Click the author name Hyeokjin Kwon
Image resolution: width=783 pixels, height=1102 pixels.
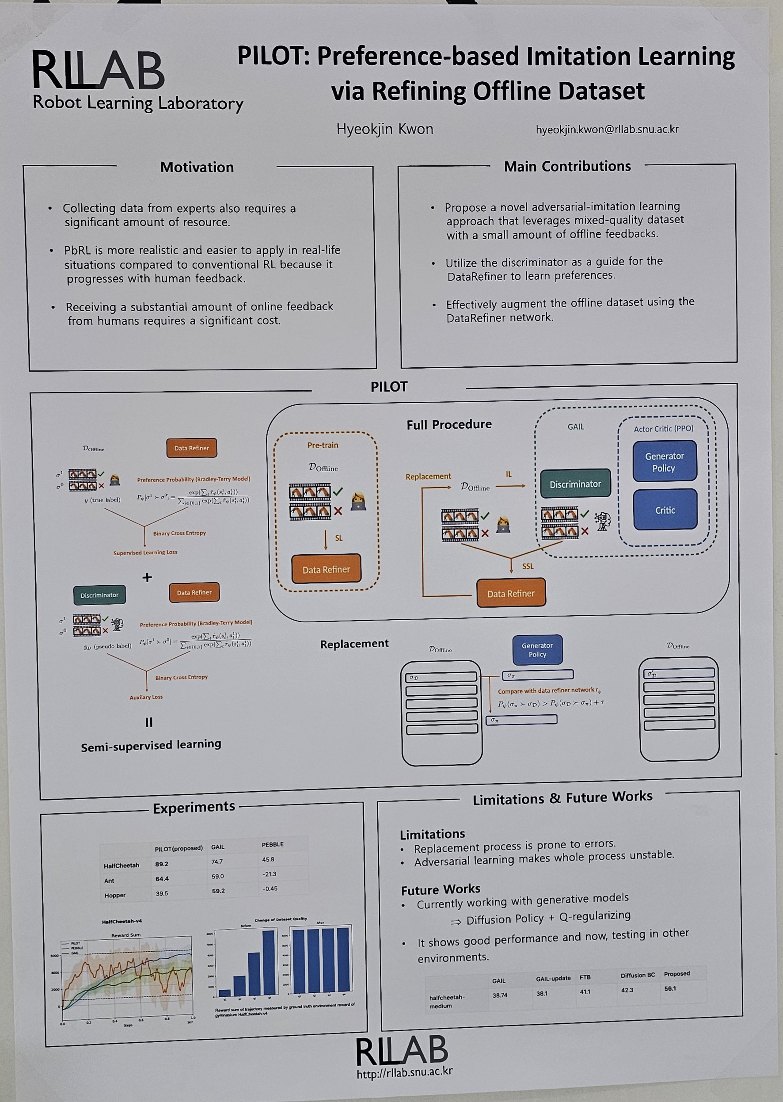point(385,129)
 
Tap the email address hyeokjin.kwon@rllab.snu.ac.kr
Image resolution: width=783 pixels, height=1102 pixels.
point(607,129)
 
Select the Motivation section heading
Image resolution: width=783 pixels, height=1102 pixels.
point(197,168)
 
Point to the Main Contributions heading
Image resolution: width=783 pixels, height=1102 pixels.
point(567,166)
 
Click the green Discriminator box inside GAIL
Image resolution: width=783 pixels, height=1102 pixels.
point(575,484)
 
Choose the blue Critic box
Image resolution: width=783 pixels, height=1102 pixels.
point(665,510)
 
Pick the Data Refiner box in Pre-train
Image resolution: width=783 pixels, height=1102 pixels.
point(326,569)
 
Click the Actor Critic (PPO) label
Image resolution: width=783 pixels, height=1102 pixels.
point(663,429)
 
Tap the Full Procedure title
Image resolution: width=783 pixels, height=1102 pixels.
point(449,424)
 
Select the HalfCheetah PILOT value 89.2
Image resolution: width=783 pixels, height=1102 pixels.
point(162,864)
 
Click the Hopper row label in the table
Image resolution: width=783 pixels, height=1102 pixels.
point(115,895)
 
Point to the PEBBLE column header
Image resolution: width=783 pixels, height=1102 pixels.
point(272,844)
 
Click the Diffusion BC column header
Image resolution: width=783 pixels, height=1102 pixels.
point(637,975)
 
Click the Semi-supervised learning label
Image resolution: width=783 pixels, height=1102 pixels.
point(151,746)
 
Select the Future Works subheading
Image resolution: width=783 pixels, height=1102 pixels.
point(441,889)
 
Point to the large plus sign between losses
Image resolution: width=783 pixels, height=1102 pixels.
point(147,577)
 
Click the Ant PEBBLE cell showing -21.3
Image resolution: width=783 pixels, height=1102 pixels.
point(269,874)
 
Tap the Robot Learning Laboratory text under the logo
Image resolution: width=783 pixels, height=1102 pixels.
point(138,103)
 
